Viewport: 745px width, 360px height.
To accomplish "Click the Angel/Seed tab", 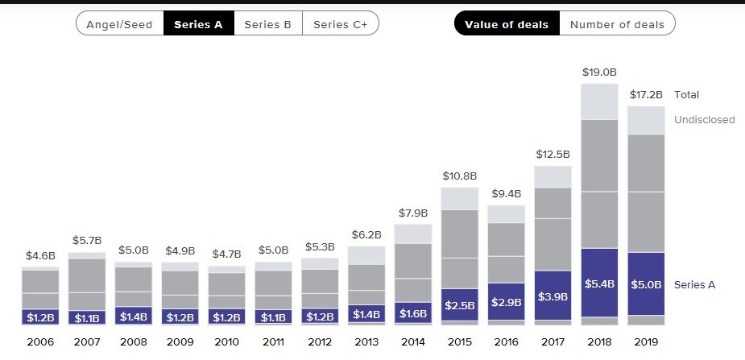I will [x=119, y=24].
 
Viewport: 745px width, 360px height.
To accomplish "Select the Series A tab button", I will [x=198, y=24].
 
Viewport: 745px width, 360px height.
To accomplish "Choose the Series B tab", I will [x=267, y=24].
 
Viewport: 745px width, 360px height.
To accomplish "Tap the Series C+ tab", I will [x=340, y=24].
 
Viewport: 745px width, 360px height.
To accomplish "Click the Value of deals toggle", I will [x=507, y=24].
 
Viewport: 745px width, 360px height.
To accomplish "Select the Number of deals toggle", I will [x=617, y=24].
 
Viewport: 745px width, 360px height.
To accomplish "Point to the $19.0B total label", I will [x=599, y=72].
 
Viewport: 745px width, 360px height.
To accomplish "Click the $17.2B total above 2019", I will [x=646, y=95].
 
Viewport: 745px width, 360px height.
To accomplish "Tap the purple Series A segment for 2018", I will [x=599, y=283].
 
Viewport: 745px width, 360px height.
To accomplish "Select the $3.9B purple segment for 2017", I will [x=553, y=296].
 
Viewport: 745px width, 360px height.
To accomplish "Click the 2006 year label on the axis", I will [x=40, y=341].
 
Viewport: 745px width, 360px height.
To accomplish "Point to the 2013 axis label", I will [x=366, y=341].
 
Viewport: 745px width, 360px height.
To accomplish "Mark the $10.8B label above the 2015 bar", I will [x=460, y=175].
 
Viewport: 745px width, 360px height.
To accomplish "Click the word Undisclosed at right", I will [x=704, y=120].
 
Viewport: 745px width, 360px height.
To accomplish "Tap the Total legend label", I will [x=687, y=94].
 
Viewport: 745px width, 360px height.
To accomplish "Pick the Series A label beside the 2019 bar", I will [x=694, y=284].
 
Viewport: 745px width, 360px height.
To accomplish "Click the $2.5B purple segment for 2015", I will [x=460, y=304].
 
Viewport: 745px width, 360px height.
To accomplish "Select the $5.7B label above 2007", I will [x=87, y=239].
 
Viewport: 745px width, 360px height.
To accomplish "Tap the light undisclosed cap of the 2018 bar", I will [x=599, y=101].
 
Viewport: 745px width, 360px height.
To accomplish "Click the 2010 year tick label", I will [x=227, y=341].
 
